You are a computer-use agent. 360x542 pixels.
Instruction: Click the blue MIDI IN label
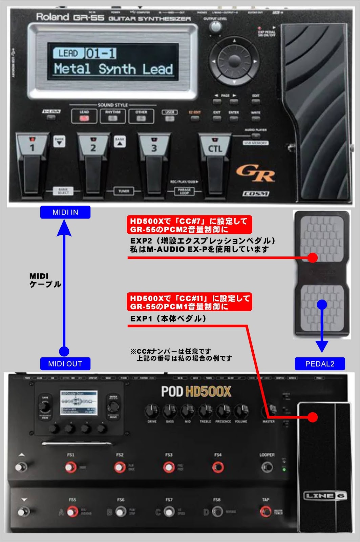pyautogui.click(x=65, y=212)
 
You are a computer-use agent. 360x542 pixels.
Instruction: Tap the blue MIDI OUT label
pyautogui.click(x=65, y=364)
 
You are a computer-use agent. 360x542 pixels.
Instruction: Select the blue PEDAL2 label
pyautogui.click(x=320, y=364)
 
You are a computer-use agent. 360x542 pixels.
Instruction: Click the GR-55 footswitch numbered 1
pyautogui.click(x=33, y=163)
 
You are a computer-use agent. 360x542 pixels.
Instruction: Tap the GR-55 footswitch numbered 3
pyautogui.click(x=154, y=163)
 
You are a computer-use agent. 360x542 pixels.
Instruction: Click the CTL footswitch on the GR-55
pyautogui.click(x=215, y=163)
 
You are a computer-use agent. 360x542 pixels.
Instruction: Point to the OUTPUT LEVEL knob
pyautogui.click(x=215, y=27)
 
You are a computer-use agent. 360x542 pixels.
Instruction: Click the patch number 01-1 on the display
pyautogui.click(x=101, y=53)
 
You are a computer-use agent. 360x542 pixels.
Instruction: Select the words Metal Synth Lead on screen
pyautogui.click(x=113, y=69)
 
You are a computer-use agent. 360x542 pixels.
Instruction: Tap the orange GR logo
pyautogui.click(x=256, y=173)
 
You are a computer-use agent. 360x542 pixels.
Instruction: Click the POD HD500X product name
pyautogui.click(x=196, y=392)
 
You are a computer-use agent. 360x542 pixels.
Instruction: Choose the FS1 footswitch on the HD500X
pyautogui.click(x=70, y=467)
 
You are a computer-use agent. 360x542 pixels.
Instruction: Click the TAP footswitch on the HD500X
pyautogui.click(x=266, y=511)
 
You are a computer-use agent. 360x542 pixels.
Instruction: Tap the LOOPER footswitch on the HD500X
pyautogui.click(x=267, y=467)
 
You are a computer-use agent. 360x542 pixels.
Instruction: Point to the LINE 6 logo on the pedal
pyautogui.click(x=324, y=496)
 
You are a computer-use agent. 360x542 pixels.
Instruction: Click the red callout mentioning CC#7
pyautogui.click(x=189, y=225)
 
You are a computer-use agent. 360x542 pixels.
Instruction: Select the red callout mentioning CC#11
pyautogui.click(x=190, y=302)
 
